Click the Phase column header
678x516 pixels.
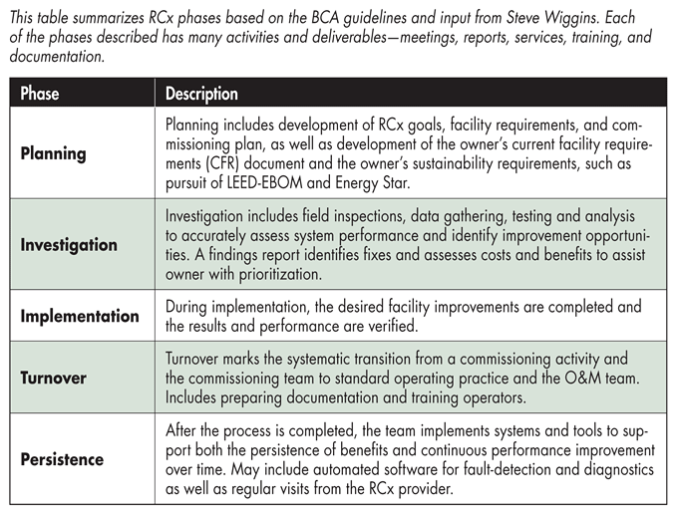click(x=40, y=94)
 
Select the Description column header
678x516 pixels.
click(x=201, y=94)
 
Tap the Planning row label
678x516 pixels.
click(x=54, y=153)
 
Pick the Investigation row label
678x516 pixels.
click(x=69, y=245)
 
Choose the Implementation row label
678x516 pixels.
click(x=80, y=316)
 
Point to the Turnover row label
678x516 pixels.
click(x=54, y=379)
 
